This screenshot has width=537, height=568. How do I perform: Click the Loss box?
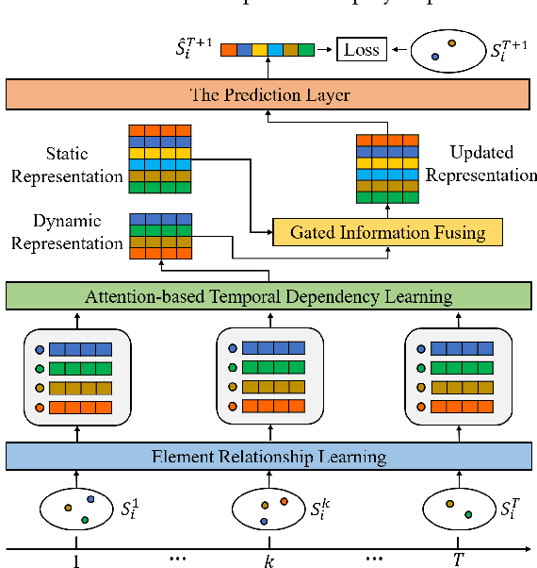coord(362,48)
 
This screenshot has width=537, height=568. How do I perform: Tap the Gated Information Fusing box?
coord(387,232)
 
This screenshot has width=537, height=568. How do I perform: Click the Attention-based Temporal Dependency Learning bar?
coord(268,296)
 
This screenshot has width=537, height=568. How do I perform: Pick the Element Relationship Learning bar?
coord(268,457)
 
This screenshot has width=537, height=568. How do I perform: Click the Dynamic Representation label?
coord(79,232)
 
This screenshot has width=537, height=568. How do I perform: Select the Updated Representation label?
coord(481,163)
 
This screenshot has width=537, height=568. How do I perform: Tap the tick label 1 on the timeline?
coord(75,560)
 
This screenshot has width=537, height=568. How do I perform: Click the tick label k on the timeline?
coord(268,560)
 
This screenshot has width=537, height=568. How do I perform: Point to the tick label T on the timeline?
coord(458,560)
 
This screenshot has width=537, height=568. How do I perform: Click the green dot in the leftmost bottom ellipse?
coord(84,519)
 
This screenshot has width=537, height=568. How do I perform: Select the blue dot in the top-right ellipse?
coord(435,57)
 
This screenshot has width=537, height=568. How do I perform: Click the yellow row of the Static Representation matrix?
coord(160,152)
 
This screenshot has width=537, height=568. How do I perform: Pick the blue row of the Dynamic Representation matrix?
coord(160,219)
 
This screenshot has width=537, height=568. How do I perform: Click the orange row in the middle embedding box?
coord(274,407)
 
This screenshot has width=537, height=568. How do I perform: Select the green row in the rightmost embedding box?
coord(462,368)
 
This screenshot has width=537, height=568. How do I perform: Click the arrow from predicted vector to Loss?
coord(326,48)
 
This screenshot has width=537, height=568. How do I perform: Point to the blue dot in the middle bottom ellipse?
coord(264,520)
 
